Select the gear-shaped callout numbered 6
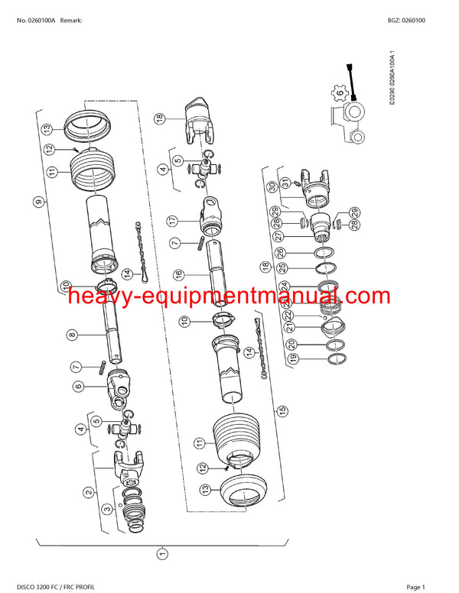pos(339,93)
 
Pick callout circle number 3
pos(108,508)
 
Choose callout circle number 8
pos(72,334)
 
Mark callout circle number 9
pos(37,202)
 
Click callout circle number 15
pos(283,410)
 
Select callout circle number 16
pos(177,274)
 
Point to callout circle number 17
pos(173,220)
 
